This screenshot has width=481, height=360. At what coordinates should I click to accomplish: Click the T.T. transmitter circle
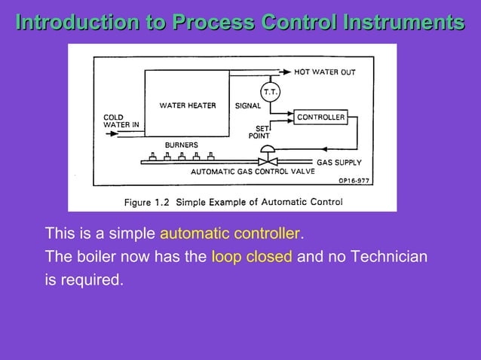(270, 92)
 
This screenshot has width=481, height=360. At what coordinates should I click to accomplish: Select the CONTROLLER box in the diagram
(321, 117)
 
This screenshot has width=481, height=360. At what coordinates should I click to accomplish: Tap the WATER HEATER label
(187, 105)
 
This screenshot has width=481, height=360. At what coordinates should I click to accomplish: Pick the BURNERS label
(181, 145)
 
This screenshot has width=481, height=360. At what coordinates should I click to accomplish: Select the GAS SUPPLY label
(339, 162)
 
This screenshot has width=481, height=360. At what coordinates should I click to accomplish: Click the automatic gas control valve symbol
(266, 160)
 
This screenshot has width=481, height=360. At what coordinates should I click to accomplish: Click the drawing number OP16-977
(354, 181)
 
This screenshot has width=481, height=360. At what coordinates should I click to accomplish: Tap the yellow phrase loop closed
(251, 256)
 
